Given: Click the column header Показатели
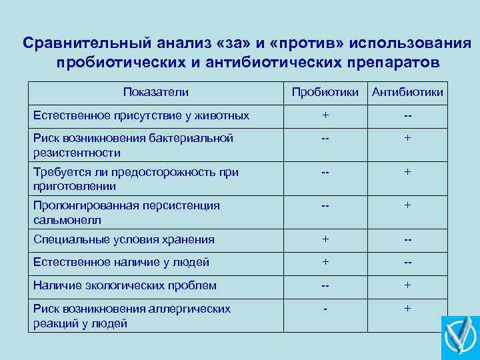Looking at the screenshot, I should click(x=156, y=92).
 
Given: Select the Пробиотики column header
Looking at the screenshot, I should click(x=325, y=92).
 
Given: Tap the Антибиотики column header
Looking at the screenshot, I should click(x=407, y=92).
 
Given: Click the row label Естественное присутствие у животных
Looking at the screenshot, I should click(x=141, y=115).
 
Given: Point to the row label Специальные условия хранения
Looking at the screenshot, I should click(x=124, y=240).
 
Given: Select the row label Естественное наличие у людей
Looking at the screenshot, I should click(x=121, y=263).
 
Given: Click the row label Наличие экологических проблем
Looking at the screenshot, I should click(x=125, y=285).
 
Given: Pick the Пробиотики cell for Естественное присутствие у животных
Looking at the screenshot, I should click(x=325, y=115).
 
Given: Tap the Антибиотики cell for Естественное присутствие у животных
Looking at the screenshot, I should click(x=407, y=115).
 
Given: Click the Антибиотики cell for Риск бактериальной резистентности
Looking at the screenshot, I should click(x=407, y=138).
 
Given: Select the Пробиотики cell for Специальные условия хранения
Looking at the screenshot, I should click(x=325, y=239).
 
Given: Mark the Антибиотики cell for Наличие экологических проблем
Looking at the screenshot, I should click(x=407, y=285).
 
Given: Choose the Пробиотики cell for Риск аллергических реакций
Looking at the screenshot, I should click(x=325, y=309).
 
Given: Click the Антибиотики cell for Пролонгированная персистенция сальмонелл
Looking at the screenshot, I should click(x=407, y=205).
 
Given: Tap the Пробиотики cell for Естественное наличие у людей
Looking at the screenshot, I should click(x=325, y=262).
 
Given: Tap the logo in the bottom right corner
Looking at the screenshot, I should click(x=460, y=337).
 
